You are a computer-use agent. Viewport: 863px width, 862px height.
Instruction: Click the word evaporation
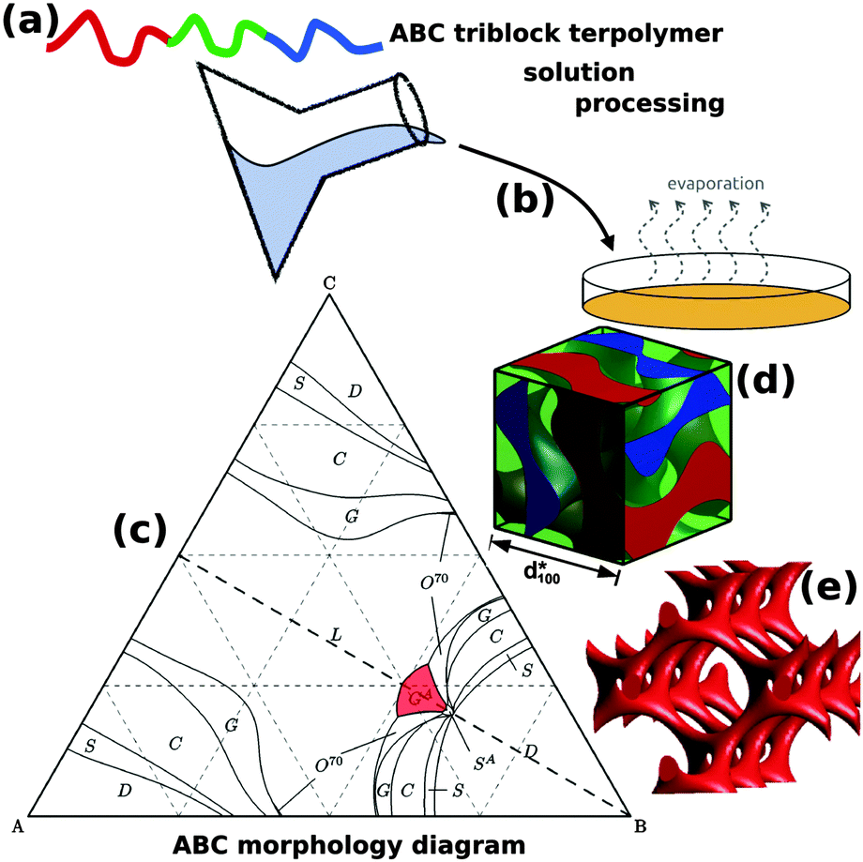coord(716,184)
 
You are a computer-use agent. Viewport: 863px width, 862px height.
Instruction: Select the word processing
coord(649,102)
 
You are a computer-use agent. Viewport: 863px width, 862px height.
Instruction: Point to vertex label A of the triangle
coord(16,826)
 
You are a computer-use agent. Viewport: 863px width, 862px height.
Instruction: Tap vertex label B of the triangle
coord(640,826)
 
